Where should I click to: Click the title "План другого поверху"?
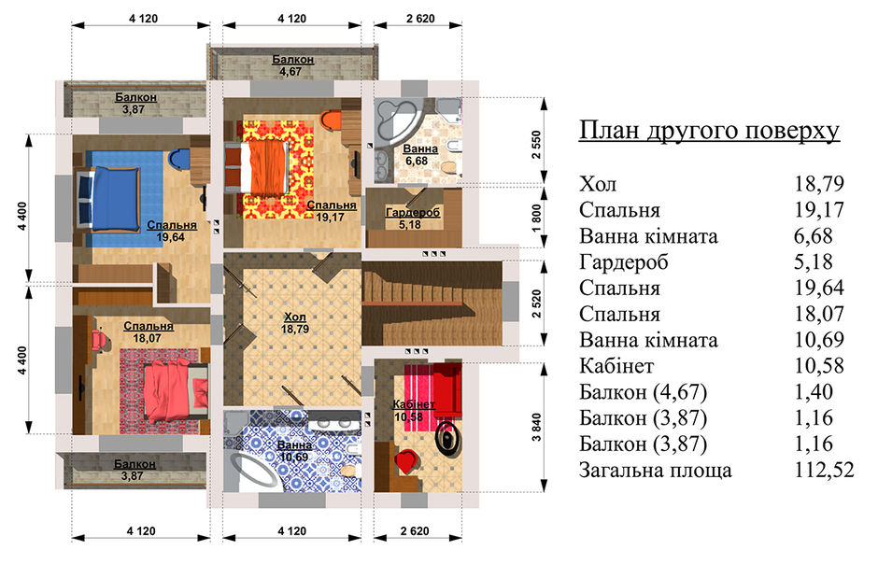(x=709, y=131)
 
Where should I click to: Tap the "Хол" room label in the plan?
(x=295, y=317)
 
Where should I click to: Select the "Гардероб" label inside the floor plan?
(x=413, y=213)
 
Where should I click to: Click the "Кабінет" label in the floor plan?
(x=414, y=404)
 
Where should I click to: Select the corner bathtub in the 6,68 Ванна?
(x=394, y=120)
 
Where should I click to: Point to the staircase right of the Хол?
(x=432, y=303)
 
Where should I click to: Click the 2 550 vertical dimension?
(x=537, y=145)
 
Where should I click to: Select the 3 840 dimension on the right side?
(x=537, y=428)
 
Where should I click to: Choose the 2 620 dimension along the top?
(x=420, y=19)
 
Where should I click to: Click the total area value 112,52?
(x=824, y=470)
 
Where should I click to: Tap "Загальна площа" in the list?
(x=655, y=470)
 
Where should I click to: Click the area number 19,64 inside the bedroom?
(x=171, y=236)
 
